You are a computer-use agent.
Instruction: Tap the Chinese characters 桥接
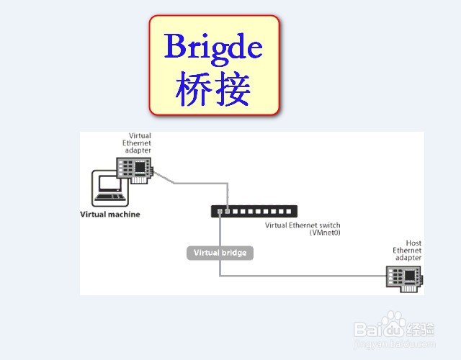pos(213,90)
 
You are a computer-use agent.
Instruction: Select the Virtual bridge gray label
pos(220,253)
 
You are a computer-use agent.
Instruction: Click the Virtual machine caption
pos(109,214)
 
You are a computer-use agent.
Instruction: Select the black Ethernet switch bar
pos(253,211)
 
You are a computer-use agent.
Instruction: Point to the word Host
pos(413,243)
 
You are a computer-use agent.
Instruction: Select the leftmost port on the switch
pos(217,211)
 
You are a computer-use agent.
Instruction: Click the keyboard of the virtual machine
pos(109,197)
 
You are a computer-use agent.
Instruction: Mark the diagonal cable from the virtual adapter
pos(165,177)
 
